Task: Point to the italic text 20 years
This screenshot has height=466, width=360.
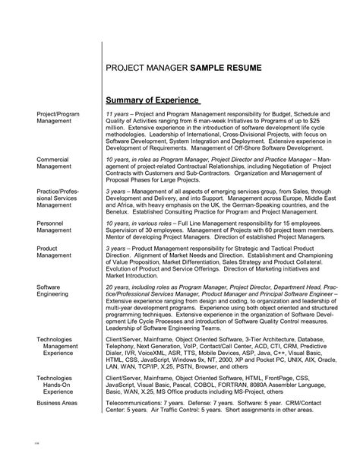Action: point(118,287)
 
